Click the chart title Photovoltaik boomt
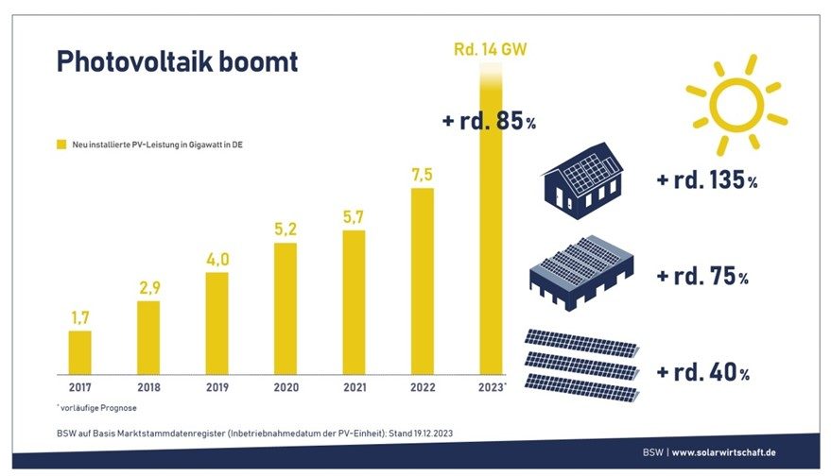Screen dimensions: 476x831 (177, 62)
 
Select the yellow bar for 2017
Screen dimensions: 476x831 (80, 351)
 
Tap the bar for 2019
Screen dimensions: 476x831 (217, 322)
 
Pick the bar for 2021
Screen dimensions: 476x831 (354, 301)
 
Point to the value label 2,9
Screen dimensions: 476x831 (148, 287)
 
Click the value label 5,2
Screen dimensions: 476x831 (286, 229)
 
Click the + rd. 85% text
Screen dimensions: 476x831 (489, 121)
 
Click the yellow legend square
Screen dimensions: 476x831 (61, 144)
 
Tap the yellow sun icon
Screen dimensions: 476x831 (736, 103)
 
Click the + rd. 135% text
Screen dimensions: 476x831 (707, 180)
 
